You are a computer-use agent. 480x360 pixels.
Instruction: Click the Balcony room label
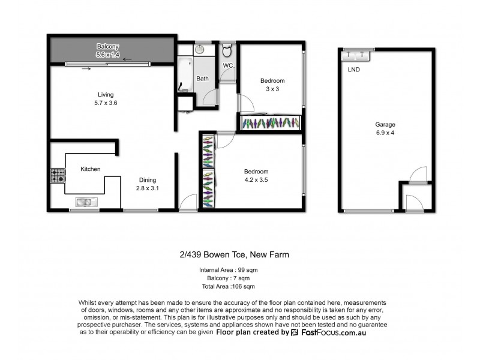[109, 46]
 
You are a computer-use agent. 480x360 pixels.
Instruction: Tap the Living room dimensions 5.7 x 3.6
[106, 103]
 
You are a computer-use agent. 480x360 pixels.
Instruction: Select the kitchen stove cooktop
[58, 176]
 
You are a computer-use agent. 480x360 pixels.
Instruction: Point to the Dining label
[147, 179]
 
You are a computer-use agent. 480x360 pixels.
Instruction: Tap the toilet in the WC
[227, 50]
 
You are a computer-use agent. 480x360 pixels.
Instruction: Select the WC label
[227, 65]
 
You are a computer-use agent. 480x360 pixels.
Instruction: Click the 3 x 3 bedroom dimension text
[272, 89]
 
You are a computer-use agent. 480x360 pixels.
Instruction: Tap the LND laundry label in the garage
[353, 70]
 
